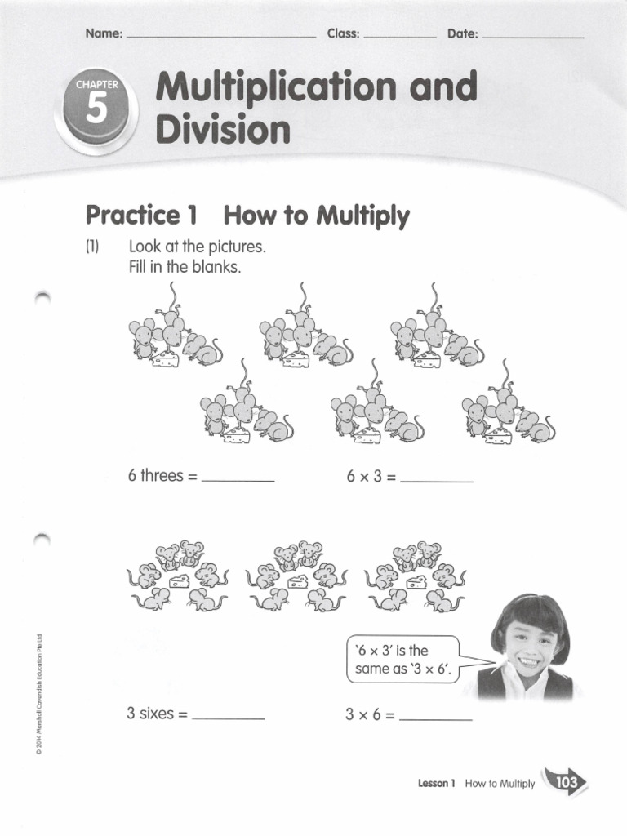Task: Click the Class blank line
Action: coord(400,38)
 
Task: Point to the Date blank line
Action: coord(534,38)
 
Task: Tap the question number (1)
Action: coord(91,247)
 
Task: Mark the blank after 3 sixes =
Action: coord(228,718)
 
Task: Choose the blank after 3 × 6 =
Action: coord(436,718)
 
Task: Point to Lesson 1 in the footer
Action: coord(436,784)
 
